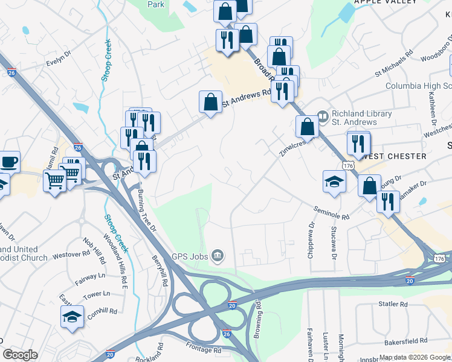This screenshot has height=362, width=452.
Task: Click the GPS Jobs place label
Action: [x=189, y=256]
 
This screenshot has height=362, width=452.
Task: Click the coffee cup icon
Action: [x=9, y=162]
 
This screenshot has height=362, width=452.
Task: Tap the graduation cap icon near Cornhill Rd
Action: [x=72, y=316]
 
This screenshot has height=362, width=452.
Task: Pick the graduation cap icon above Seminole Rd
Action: [x=334, y=182]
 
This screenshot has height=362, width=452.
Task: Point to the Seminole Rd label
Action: [x=331, y=212]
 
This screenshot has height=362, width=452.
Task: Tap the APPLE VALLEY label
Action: [x=386, y=2]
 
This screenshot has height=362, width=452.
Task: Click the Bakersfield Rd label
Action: [x=407, y=340]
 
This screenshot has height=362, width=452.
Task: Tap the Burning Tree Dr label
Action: [x=147, y=212]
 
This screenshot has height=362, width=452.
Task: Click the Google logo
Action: [x=21, y=355]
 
